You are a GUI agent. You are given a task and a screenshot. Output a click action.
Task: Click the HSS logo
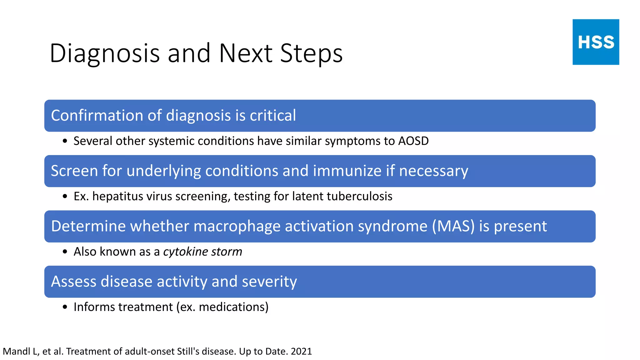point(596,42)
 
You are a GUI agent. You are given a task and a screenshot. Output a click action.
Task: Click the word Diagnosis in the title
point(104,53)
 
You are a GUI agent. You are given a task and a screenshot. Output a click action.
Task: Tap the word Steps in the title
point(311,53)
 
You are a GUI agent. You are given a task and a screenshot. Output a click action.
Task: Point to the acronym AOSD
point(413,141)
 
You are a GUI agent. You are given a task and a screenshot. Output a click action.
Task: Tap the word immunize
point(347,171)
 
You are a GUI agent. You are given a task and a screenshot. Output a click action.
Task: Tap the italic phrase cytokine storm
point(202,252)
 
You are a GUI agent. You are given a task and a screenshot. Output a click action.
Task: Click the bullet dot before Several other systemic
point(65,141)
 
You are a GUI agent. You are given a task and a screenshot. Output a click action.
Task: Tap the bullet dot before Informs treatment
point(65,307)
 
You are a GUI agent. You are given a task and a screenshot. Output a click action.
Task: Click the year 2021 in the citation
point(301,351)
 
